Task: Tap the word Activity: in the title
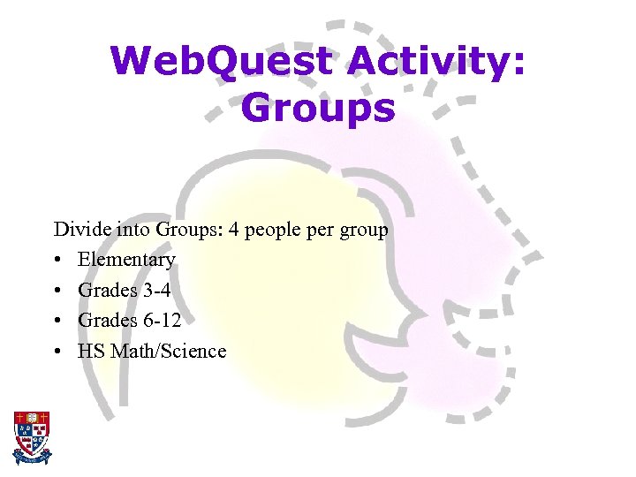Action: (x=435, y=62)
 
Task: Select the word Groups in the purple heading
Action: (x=317, y=109)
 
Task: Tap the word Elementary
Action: (x=126, y=261)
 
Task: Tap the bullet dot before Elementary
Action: (x=57, y=261)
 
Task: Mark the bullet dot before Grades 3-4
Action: (x=57, y=291)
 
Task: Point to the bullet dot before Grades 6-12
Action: (x=57, y=321)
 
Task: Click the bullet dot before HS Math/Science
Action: (x=57, y=352)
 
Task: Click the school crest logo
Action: (x=32, y=437)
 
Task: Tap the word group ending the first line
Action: (x=364, y=231)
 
